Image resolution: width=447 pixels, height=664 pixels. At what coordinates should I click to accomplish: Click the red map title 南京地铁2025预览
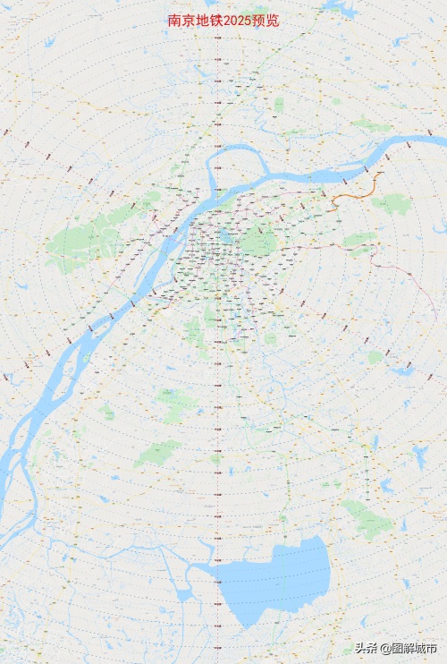click(223, 21)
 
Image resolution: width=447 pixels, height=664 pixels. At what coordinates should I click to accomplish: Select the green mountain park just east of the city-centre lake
click(259, 242)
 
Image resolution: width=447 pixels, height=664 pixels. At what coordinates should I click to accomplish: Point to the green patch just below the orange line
click(389, 204)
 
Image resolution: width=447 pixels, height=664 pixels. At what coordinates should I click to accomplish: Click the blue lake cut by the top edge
click(340, 7)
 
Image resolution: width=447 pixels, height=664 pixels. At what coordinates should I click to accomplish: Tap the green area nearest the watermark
click(367, 519)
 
